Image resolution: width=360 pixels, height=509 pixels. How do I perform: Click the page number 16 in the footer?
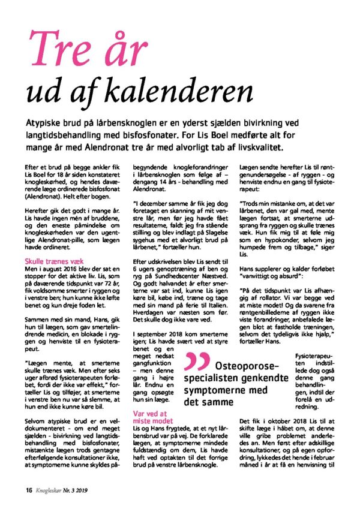coord(28,487)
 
